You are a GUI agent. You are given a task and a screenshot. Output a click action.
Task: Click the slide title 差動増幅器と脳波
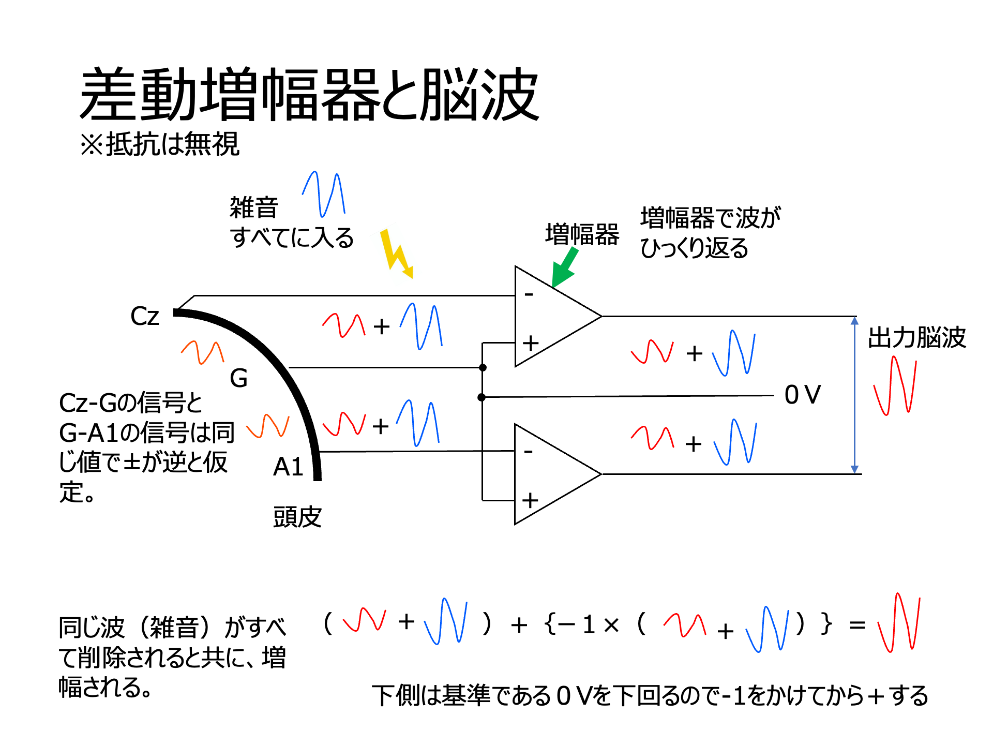point(309,95)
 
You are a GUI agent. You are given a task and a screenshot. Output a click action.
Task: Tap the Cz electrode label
point(145,316)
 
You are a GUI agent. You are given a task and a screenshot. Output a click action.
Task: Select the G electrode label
point(238,378)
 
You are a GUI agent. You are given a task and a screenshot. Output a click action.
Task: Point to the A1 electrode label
point(288,467)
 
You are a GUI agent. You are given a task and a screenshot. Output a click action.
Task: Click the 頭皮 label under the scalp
point(297,517)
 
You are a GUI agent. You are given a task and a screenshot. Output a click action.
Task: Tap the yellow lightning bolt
point(396,254)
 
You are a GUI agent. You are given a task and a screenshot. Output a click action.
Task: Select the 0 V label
point(802,395)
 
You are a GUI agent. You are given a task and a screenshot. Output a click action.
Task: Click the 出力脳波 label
point(916,337)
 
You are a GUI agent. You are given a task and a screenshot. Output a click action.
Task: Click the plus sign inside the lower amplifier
point(530,500)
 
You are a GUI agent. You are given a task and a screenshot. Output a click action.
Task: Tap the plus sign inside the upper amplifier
point(531,343)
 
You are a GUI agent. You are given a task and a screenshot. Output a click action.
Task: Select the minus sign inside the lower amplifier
point(528,452)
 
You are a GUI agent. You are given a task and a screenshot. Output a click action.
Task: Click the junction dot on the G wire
point(483,367)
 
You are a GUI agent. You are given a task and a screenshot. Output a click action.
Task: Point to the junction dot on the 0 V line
point(482,397)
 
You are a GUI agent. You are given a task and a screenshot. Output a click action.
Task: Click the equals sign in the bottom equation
point(857,625)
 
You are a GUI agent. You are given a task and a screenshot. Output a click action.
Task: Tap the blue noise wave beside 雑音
point(324,193)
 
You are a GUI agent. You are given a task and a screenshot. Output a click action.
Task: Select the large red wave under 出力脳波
point(895,385)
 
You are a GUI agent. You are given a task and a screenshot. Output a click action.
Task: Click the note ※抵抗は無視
point(160,144)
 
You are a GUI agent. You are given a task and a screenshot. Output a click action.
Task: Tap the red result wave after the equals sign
point(899,622)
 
